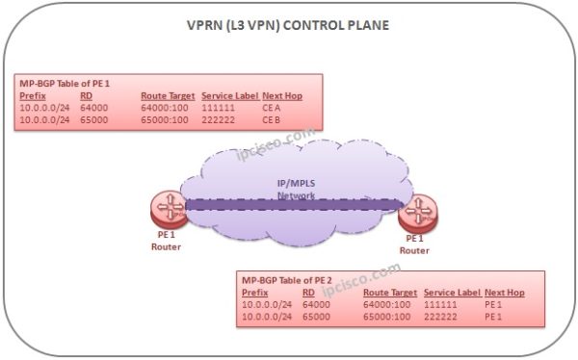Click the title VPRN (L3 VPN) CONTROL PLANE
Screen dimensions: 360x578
pos(288,26)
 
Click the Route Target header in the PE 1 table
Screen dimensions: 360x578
pos(167,96)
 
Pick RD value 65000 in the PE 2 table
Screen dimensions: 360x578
pos(317,315)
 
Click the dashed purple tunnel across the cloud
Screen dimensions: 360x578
pos(289,204)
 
